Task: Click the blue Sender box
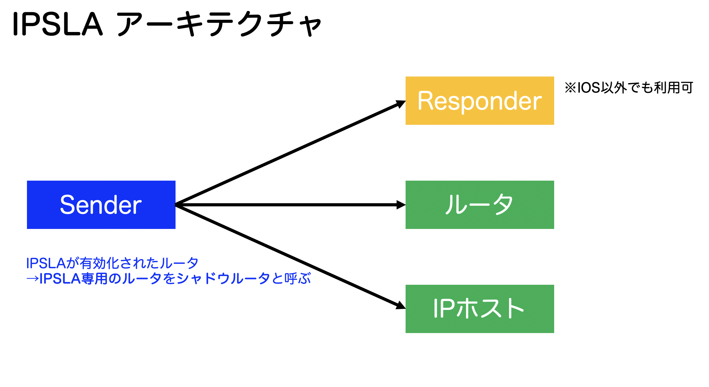pos(101,204)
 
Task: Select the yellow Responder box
pos(480,101)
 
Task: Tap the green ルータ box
pos(480,204)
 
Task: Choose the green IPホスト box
pos(480,309)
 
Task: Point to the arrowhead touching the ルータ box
pos(401,205)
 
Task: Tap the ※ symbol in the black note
pos(570,88)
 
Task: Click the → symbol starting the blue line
pos(32,278)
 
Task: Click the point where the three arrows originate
pos(176,205)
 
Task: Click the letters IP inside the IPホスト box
pos(444,309)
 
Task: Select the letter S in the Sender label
pos(67,205)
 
